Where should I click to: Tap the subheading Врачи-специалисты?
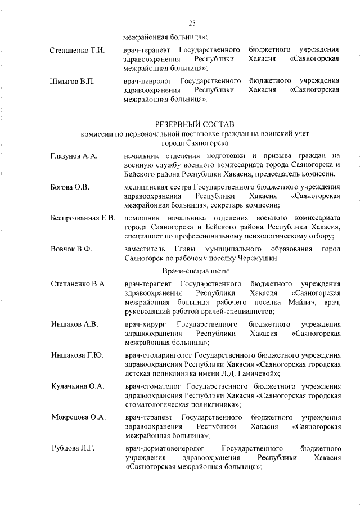click(x=193, y=271)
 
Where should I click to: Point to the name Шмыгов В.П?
click(x=72, y=82)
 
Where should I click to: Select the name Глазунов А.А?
click(x=74, y=156)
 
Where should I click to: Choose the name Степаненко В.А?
click(x=78, y=283)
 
